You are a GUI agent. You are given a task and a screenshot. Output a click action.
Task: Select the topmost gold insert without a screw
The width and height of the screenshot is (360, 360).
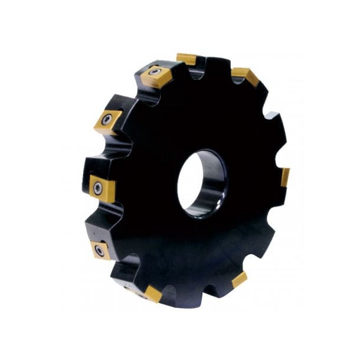click(x=186, y=58)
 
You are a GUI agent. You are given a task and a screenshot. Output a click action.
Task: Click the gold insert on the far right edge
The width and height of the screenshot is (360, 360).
click(x=285, y=176)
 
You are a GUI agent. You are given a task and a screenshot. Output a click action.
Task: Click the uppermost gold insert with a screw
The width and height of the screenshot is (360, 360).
click(x=155, y=74)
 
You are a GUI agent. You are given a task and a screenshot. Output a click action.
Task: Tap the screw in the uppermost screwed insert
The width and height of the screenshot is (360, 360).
click(x=155, y=72)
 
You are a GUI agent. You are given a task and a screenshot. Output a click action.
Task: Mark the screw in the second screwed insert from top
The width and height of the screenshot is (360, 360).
click(x=106, y=120)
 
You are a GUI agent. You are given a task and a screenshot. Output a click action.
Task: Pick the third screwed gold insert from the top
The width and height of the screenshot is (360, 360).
click(x=102, y=188)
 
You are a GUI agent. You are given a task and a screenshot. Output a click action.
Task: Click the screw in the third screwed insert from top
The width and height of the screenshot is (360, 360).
click(x=97, y=187)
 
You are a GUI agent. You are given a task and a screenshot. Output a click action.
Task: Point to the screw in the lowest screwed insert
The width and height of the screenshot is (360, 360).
click(x=99, y=251)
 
